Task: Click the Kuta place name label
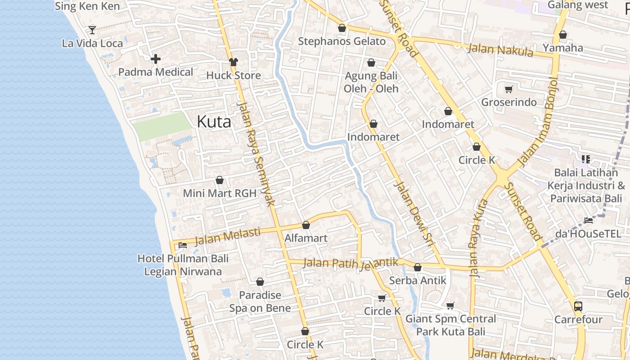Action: click(x=214, y=121)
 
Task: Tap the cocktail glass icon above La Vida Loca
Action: click(x=92, y=30)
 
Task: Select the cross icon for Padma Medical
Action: click(x=156, y=59)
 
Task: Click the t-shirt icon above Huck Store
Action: click(x=233, y=62)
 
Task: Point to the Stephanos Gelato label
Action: click(x=342, y=41)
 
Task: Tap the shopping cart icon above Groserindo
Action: click(x=508, y=89)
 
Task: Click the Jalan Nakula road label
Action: click(x=500, y=49)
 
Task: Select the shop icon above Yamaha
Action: click(x=562, y=35)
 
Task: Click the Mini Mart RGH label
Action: click(x=220, y=193)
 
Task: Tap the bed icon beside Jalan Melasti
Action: click(x=182, y=245)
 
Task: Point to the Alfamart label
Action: click(x=306, y=238)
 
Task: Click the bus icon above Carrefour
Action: click(x=578, y=306)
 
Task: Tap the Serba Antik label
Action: click(x=418, y=280)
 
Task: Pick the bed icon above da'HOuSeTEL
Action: click(x=588, y=220)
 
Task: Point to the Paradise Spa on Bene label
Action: click(x=260, y=301)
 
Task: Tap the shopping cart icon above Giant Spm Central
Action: click(x=450, y=306)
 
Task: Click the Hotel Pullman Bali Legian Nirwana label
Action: click(x=183, y=265)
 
